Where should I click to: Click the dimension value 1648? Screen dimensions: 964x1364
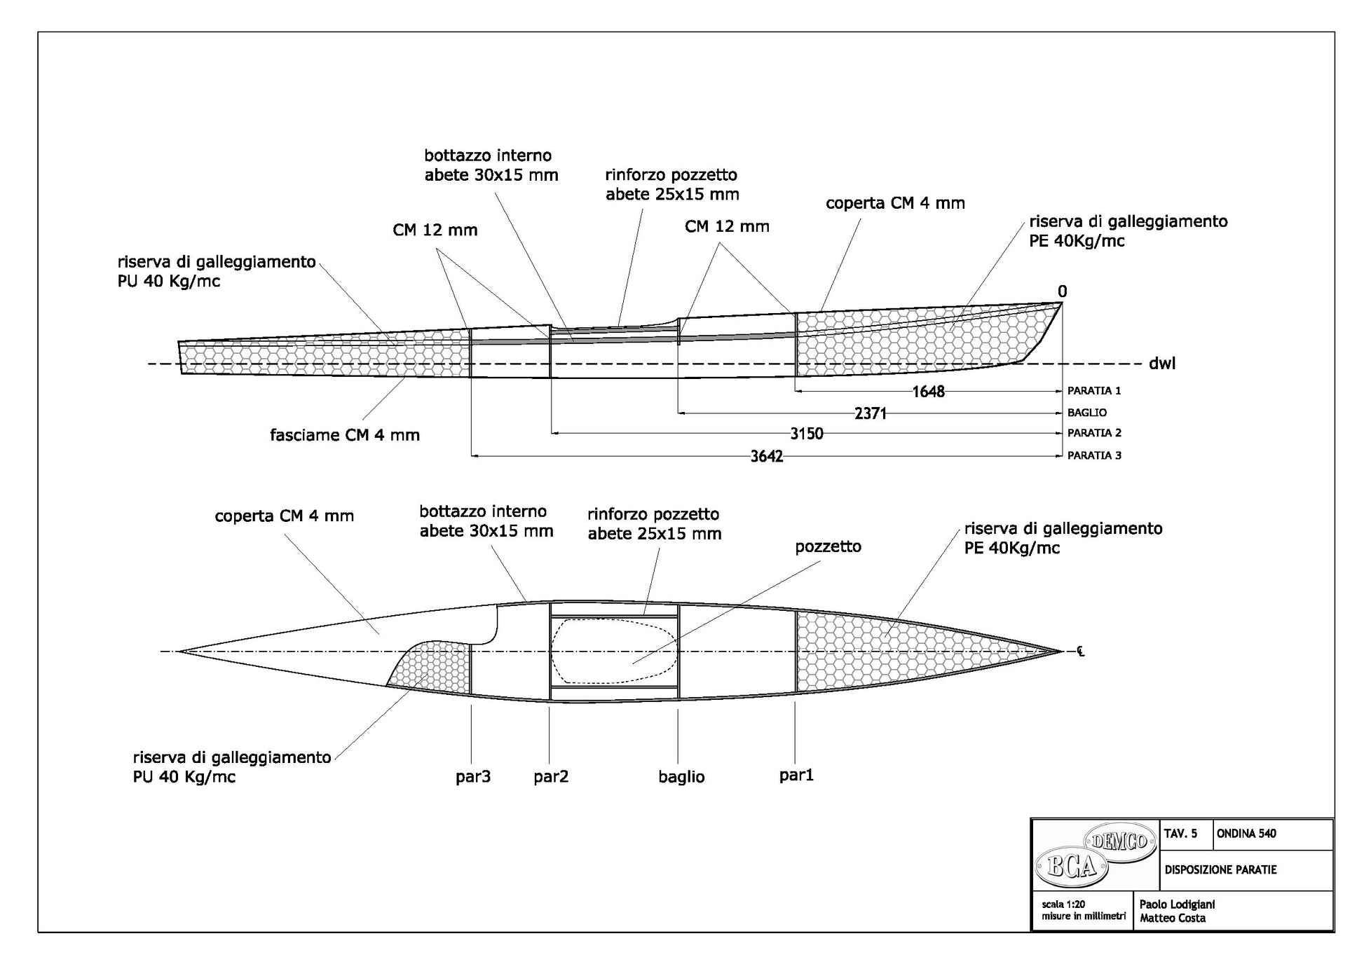click(928, 392)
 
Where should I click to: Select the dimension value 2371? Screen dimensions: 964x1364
click(871, 413)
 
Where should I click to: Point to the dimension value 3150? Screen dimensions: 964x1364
click(806, 434)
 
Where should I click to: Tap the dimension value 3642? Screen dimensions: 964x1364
click(767, 457)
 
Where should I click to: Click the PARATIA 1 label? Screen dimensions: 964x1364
click(1093, 390)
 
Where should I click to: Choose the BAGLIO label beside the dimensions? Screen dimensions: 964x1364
click(1087, 413)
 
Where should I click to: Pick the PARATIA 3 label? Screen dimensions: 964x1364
click(1093, 455)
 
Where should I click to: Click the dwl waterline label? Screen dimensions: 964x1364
click(1161, 363)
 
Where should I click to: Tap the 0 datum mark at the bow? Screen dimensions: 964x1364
click(1062, 291)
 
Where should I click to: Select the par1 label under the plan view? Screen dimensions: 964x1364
click(796, 775)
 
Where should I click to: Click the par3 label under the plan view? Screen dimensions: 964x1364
click(473, 776)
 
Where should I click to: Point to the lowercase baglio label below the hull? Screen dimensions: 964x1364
click(681, 776)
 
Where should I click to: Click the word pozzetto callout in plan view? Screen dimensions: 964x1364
click(828, 546)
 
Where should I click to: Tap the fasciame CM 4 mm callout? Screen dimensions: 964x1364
click(345, 435)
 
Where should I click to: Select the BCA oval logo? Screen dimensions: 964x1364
click(1070, 867)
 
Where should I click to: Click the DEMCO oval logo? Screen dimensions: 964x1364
click(1119, 839)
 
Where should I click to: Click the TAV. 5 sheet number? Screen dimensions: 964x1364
click(1180, 834)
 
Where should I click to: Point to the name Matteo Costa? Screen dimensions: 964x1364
click(1173, 918)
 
